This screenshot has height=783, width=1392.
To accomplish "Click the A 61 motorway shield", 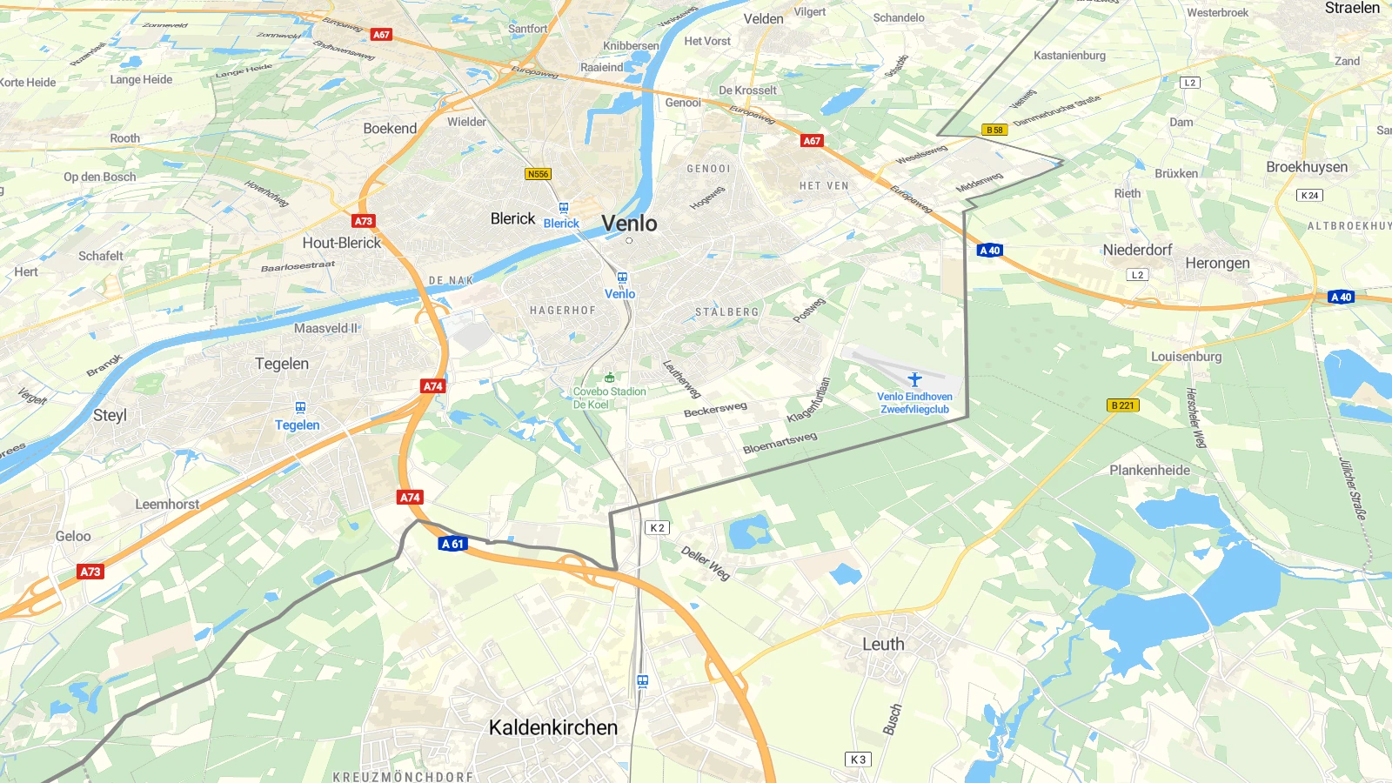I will pos(452,544).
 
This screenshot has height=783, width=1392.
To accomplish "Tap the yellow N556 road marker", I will pos(538,174).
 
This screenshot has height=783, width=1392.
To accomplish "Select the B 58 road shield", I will pos(994,130).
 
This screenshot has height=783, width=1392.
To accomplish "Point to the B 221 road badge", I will pos(1123,405).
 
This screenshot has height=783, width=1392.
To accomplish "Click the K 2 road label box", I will pos(657,528).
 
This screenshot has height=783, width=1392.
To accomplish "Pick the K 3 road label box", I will pos(858,760).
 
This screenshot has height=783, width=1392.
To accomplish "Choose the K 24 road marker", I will pos(1309,195).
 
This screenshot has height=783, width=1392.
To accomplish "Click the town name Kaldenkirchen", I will pos(553,727).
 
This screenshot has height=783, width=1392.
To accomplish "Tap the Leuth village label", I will pos(883,644).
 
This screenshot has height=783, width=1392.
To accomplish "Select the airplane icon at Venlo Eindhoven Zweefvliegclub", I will pos(914,379).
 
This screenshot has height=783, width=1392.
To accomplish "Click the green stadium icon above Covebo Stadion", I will pos(610,378).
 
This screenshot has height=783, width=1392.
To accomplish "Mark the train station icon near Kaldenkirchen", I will pos(642,681).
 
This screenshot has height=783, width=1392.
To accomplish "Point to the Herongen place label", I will pos(1217,263).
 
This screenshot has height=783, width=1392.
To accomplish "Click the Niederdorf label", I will pos(1137,250).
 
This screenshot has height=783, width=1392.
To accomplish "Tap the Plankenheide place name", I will pos(1149,470).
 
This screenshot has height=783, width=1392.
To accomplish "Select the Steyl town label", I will pos(110,415).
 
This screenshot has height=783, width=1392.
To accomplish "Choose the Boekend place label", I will pos(390,128).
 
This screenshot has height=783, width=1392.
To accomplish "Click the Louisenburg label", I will pos(1186,357).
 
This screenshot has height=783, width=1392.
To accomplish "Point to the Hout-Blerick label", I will pos(342,243).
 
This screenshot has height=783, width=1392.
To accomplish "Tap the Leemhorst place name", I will pos(167,504).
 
